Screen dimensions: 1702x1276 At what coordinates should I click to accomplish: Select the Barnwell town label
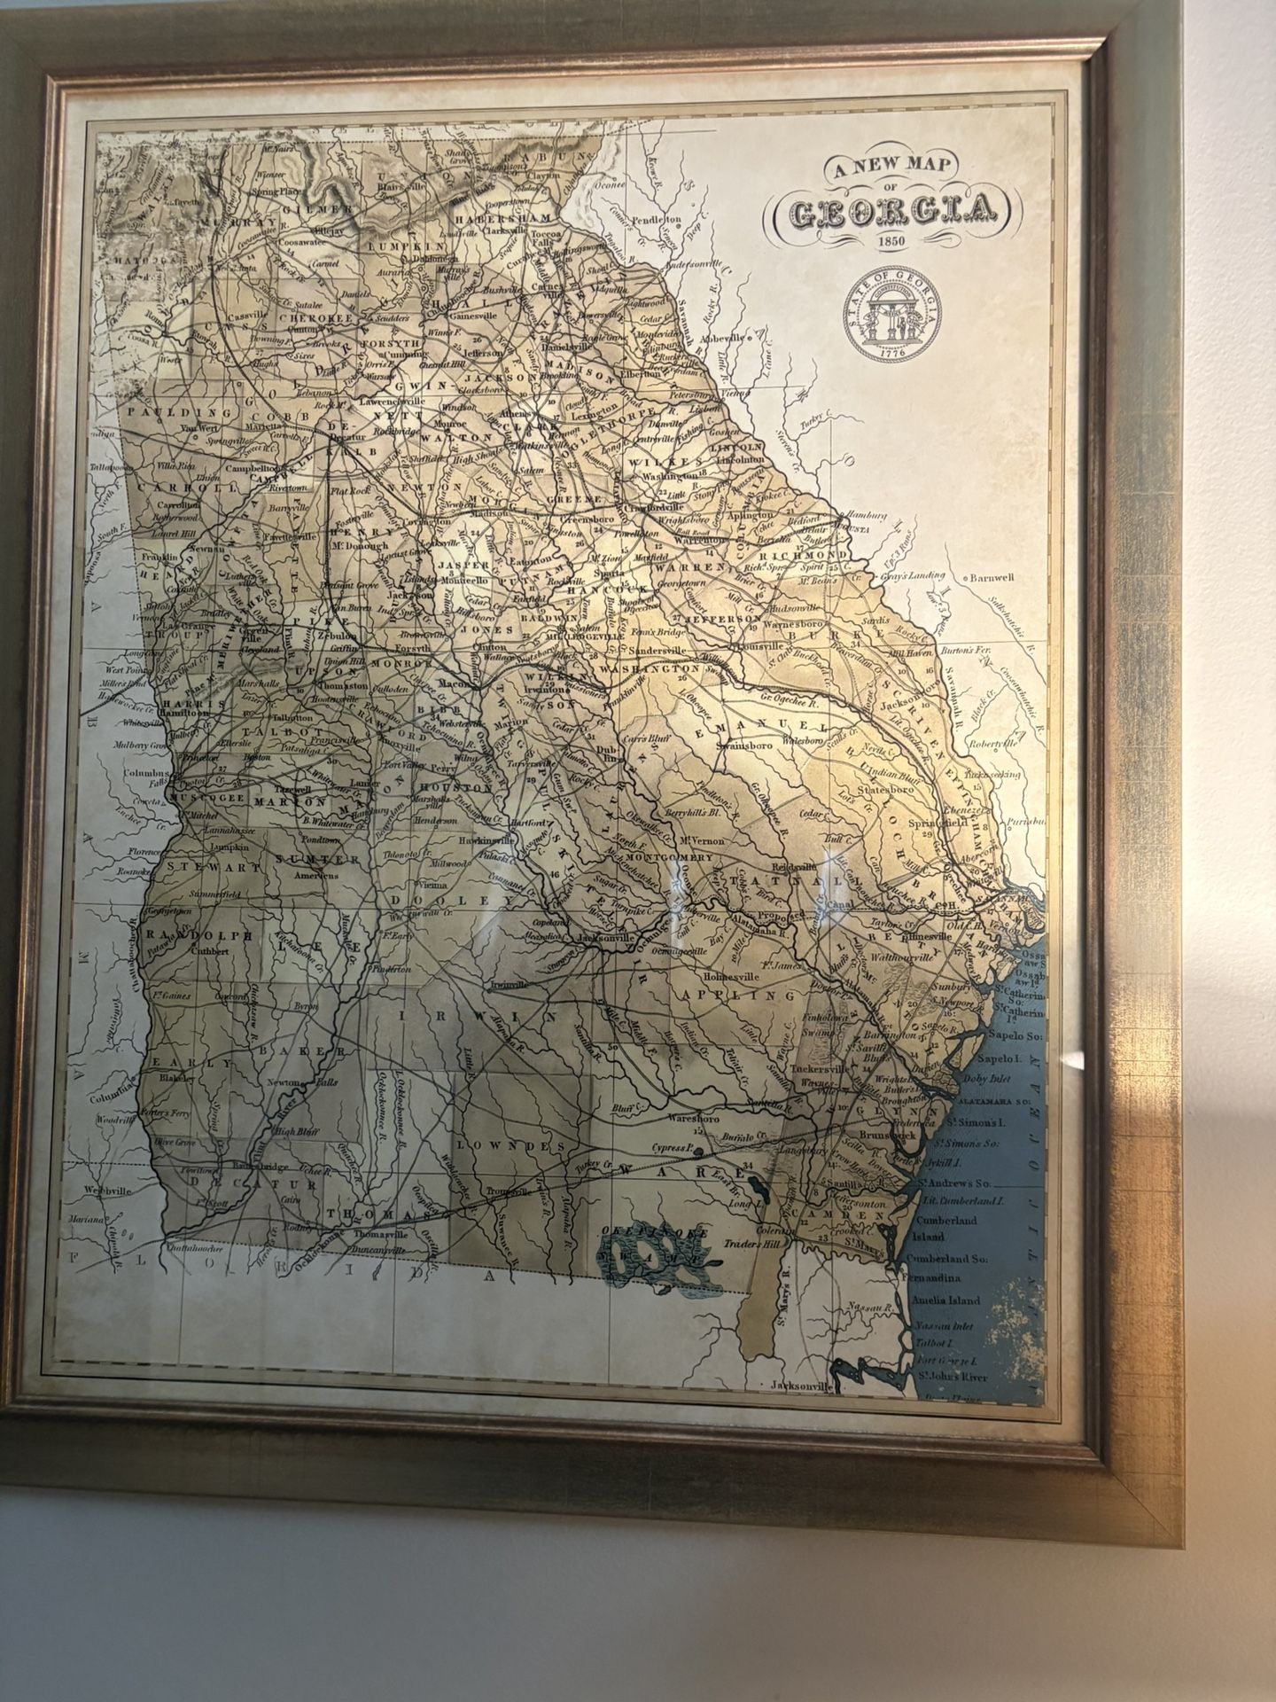coord(991,578)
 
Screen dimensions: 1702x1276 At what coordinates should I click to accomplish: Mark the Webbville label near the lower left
coord(106,1191)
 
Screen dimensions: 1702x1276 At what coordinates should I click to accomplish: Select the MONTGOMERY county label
coord(657,858)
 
